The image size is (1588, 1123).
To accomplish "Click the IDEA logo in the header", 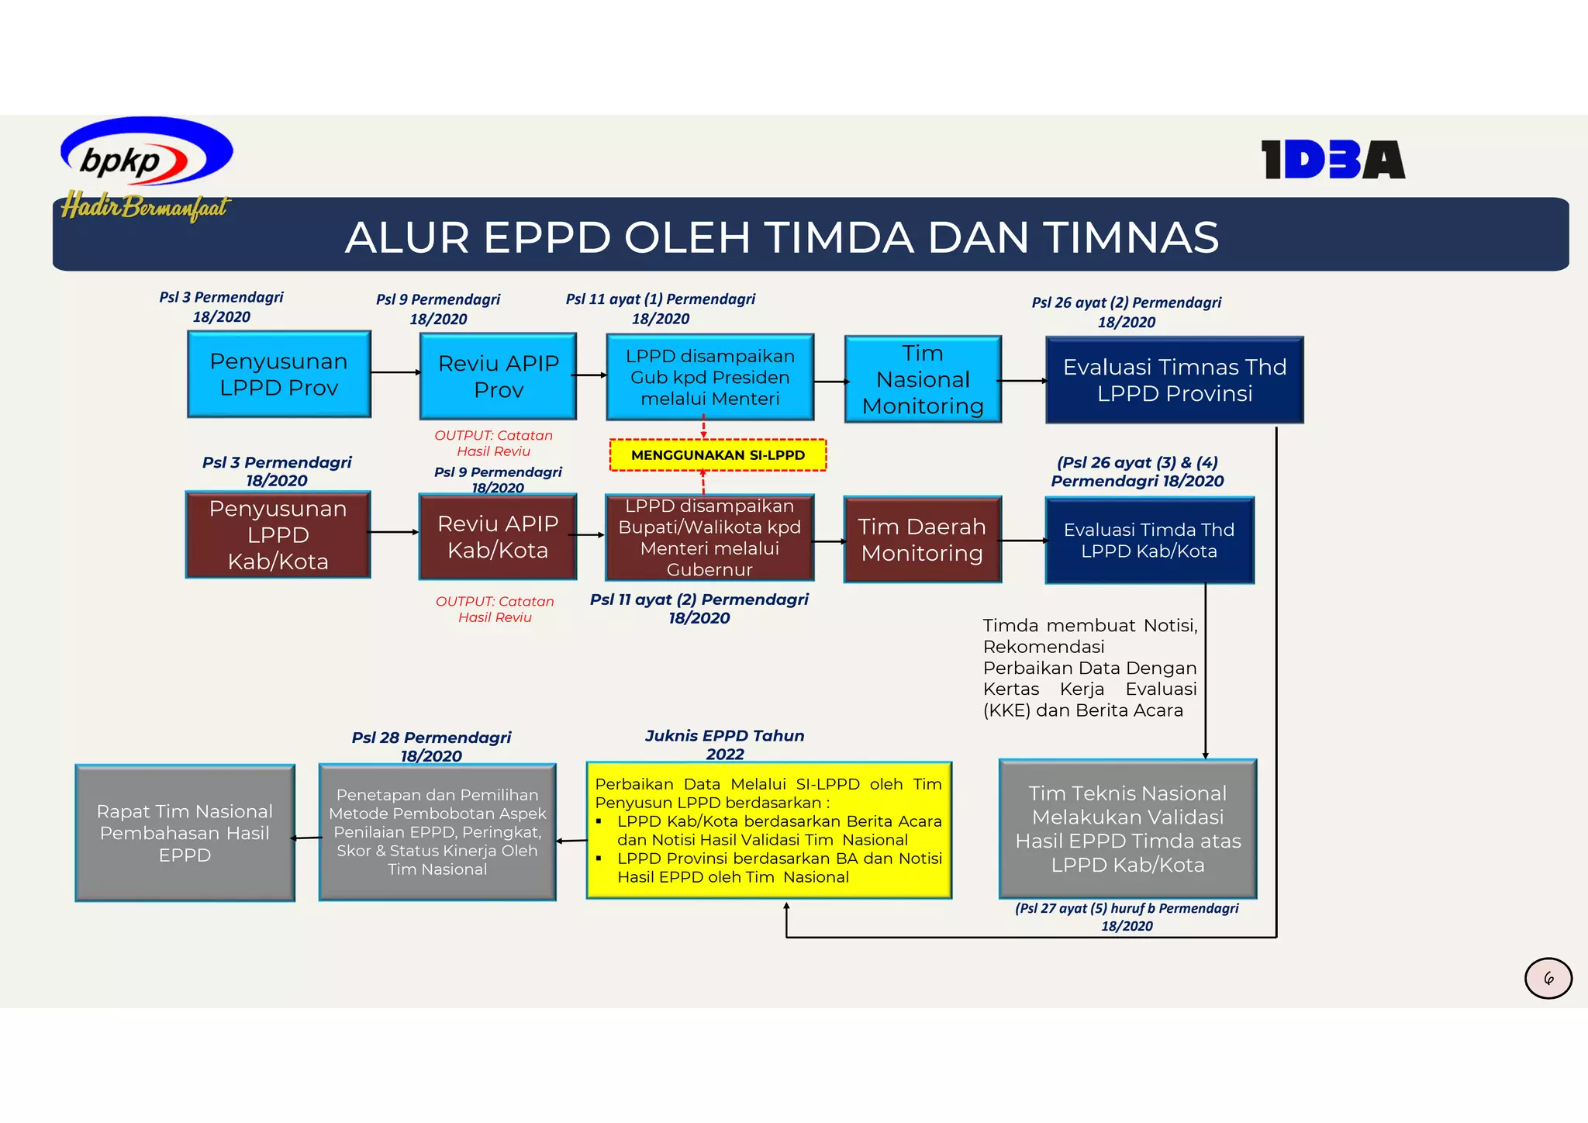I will click(1332, 160).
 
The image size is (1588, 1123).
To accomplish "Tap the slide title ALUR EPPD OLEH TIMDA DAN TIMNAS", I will click(782, 237).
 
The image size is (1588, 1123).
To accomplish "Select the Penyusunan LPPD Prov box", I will click(278, 375).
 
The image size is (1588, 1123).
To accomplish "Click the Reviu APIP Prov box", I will click(498, 376).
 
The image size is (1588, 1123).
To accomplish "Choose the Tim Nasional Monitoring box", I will click(923, 379).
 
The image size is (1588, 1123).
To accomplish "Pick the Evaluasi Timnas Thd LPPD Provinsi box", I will click(1174, 380).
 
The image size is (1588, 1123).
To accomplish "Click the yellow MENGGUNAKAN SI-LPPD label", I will click(718, 455).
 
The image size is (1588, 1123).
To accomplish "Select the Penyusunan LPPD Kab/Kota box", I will click(278, 534).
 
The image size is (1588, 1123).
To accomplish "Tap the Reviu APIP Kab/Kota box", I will click(497, 537).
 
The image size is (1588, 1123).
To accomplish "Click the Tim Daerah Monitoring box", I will click(922, 540).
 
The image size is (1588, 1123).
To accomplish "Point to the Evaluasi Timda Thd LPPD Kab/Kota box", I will click(1149, 541).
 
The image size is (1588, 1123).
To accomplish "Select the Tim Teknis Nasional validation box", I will click(1127, 829).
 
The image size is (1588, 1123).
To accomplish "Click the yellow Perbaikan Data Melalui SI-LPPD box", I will click(768, 831).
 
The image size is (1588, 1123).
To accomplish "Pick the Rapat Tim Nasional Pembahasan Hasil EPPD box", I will click(185, 833).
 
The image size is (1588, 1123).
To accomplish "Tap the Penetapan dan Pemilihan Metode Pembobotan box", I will click(437, 832).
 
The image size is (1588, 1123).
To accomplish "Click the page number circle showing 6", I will click(1548, 979).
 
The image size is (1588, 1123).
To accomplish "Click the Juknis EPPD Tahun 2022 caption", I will click(725, 745).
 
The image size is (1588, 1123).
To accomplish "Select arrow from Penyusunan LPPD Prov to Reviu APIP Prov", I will click(395, 373).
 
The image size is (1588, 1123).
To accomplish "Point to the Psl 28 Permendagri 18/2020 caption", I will click(431, 746).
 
